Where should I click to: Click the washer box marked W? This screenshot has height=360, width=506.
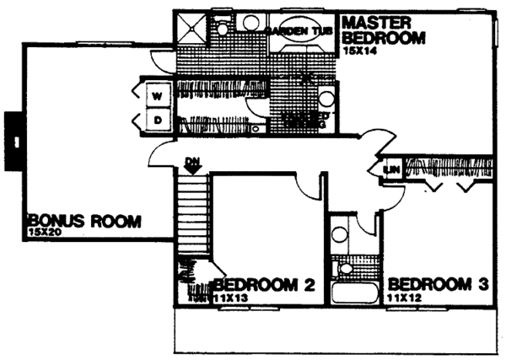pos(156,96)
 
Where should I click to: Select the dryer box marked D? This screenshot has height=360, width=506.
pos(156,121)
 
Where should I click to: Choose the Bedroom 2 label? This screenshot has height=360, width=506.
pos(263,286)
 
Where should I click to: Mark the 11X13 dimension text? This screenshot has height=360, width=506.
pos(229,298)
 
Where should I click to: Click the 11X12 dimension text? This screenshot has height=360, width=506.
pos(403,298)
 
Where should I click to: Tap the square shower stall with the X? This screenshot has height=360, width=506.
pos(190,29)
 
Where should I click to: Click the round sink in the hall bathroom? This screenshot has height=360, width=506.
pos(342,230)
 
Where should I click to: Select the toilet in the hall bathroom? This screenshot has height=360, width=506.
pos(345,269)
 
